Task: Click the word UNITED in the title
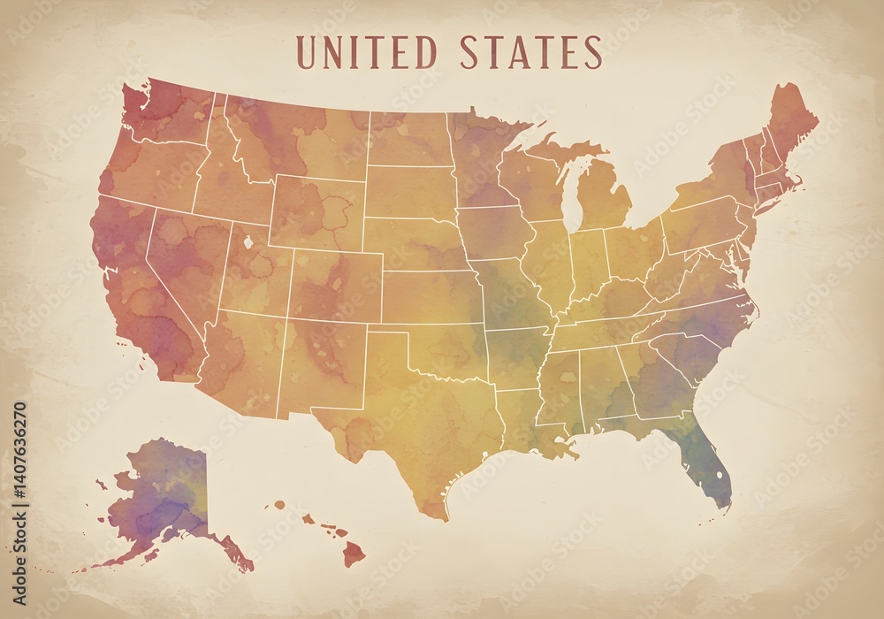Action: (366, 53)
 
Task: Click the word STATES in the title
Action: (531, 53)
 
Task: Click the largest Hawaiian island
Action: (354, 554)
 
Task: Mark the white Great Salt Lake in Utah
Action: (247, 241)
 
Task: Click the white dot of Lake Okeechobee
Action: (719, 476)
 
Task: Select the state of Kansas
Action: (429, 296)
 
